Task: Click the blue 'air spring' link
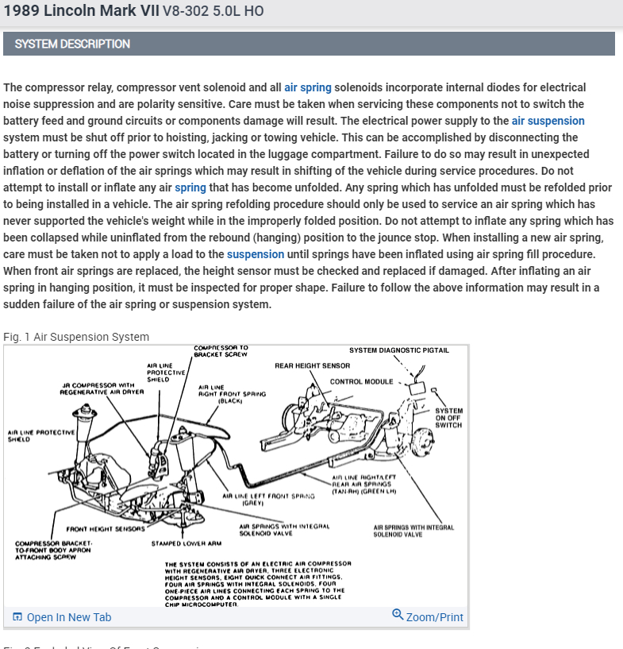(307, 87)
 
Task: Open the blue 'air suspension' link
(548, 121)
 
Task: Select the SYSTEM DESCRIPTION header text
(72, 44)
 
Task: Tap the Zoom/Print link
(434, 617)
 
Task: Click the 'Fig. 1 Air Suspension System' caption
(76, 337)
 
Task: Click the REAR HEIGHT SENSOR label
(312, 366)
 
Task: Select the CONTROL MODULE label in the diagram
(361, 381)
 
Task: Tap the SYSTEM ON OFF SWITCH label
(448, 418)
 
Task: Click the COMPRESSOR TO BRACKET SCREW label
(221, 351)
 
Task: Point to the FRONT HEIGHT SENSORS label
(106, 528)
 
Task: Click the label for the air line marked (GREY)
(265, 498)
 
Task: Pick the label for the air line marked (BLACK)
(232, 394)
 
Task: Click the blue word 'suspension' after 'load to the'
(255, 254)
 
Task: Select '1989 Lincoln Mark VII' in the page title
(81, 11)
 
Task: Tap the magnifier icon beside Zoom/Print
(398, 615)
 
